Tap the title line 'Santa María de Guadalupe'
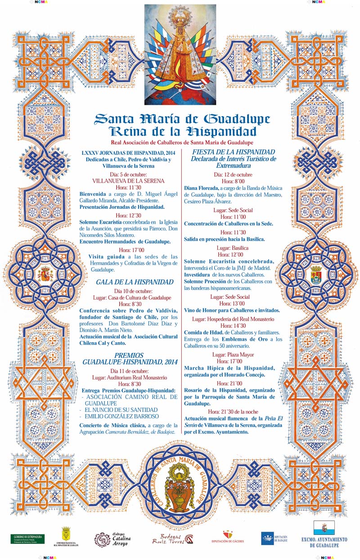[182, 119]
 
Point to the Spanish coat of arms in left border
[45, 273]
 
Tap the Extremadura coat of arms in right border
[315, 274]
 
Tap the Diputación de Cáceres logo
[228, 537]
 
